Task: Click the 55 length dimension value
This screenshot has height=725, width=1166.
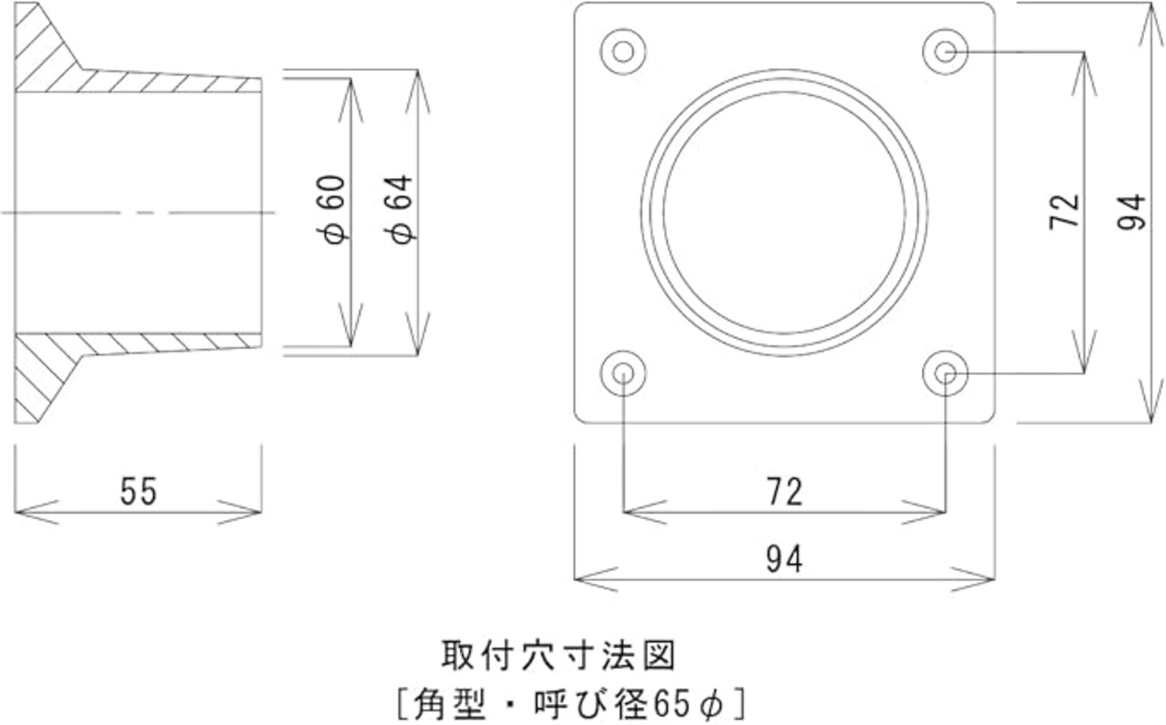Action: click(138, 492)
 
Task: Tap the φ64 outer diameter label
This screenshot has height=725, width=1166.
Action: click(401, 209)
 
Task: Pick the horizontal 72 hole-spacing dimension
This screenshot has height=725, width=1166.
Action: click(784, 492)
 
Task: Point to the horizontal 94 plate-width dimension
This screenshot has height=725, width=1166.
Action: click(784, 559)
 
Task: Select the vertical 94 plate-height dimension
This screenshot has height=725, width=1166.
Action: click(1132, 210)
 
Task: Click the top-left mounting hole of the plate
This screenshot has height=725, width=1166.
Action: click(623, 51)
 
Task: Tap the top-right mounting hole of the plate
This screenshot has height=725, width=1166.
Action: click(945, 51)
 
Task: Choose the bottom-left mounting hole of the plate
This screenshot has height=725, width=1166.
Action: click(623, 373)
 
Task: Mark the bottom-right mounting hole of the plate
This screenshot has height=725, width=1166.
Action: click(945, 373)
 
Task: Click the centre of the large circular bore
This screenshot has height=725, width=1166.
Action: click(784, 211)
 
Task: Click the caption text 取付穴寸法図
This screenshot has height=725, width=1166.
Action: click(557, 654)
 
